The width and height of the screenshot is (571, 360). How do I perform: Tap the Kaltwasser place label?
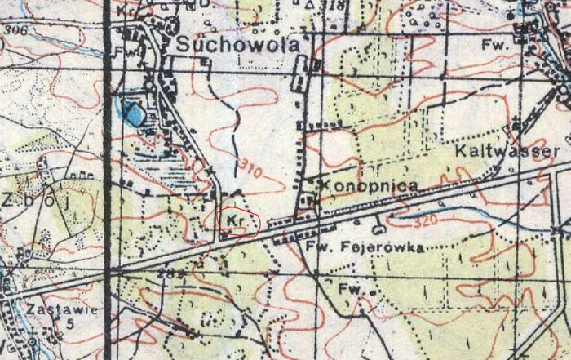(x=507, y=152)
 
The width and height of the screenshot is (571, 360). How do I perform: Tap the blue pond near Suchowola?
(x=130, y=112)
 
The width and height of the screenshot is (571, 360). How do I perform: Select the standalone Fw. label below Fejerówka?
(x=350, y=288)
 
